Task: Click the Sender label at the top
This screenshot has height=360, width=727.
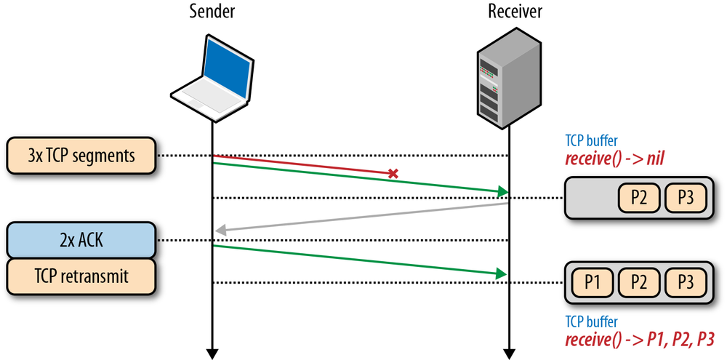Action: click(x=212, y=12)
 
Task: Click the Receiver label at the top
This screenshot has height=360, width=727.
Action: click(x=514, y=12)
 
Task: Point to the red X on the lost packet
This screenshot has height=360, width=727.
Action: click(x=393, y=174)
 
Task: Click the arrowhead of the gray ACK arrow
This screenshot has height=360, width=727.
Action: click(x=220, y=231)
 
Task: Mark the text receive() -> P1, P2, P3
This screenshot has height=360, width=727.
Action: click(x=640, y=340)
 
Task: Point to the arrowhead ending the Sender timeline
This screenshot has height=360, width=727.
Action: click(x=212, y=353)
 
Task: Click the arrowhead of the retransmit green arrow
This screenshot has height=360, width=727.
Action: click(x=502, y=273)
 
